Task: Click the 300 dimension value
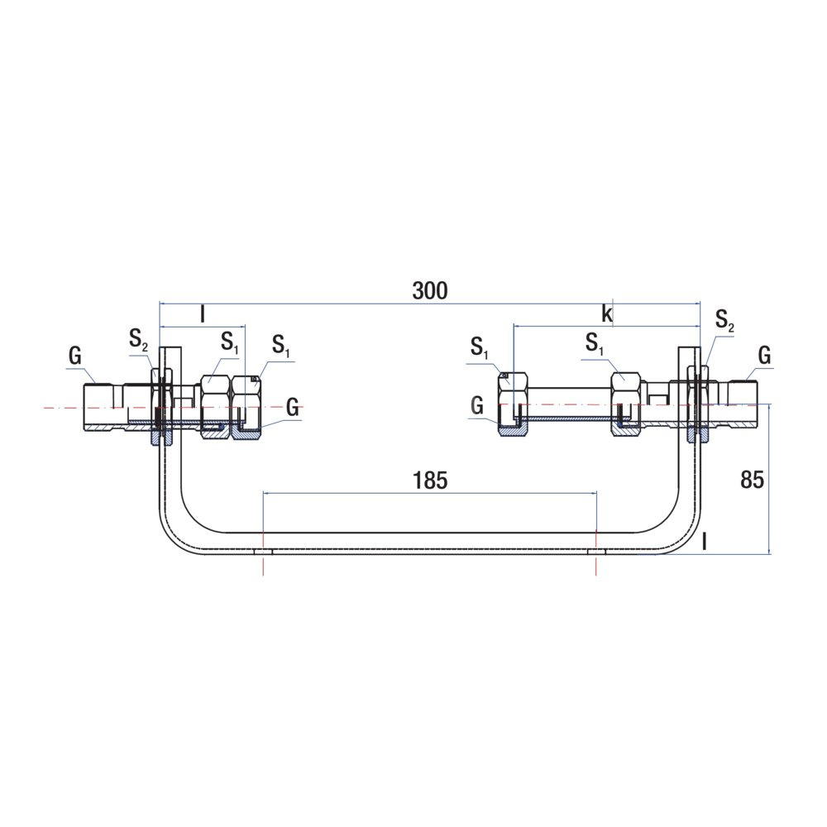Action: click(x=430, y=290)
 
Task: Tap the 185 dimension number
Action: click(x=430, y=480)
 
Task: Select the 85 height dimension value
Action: click(x=752, y=480)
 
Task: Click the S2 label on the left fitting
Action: click(x=138, y=340)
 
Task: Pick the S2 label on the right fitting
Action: click(x=724, y=320)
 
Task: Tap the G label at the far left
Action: click(x=75, y=356)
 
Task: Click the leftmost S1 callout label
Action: click(x=229, y=343)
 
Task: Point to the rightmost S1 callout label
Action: click(x=595, y=344)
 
